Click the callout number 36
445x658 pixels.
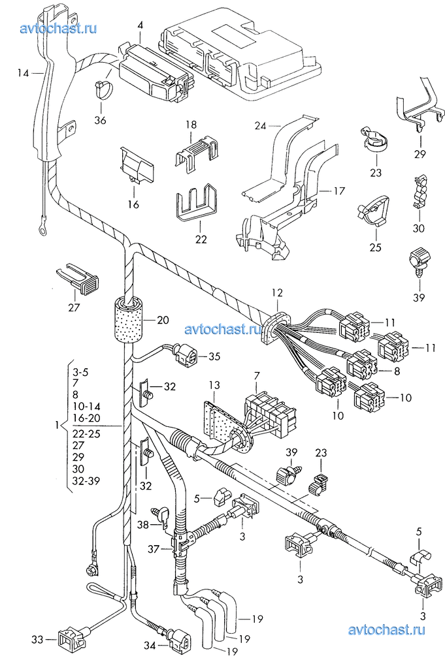click(101, 120)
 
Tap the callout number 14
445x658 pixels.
click(23, 73)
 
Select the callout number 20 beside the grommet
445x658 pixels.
click(163, 320)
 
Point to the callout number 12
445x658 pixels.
click(277, 292)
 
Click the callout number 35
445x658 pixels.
click(214, 356)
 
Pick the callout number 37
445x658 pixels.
click(154, 548)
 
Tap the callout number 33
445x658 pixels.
click(37, 640)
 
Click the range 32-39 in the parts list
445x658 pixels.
click(86, 481)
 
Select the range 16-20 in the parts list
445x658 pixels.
click(86, 418)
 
